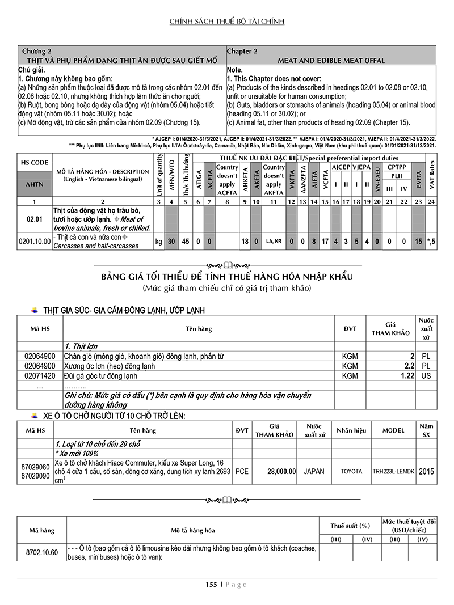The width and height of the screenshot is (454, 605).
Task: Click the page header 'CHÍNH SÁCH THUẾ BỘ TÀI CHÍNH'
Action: click(x=227, y=22)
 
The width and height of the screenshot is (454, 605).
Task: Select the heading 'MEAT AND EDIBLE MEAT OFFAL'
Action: click(x=331, y=60)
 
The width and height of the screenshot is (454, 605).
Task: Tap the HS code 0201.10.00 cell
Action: click(x=35, y=242)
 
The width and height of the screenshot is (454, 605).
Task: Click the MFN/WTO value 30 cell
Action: click(x=171, y=242)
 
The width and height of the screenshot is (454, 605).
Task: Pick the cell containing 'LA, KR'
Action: click(x=274, y=242)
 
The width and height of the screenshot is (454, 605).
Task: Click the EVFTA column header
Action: click(x=419, y=175)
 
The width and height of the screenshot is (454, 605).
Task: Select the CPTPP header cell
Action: click(x=396, y=167)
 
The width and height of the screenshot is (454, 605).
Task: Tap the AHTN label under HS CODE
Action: click(x=35, y=184)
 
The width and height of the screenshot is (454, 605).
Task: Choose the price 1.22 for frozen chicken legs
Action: click(x=407, y=376)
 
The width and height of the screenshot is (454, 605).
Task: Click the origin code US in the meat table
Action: click(x=426, y=376)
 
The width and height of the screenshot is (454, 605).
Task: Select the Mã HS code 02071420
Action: click(x=40, y=376)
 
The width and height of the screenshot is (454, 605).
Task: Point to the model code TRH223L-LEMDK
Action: click(x=394, y=471)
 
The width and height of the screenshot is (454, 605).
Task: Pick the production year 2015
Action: click(x=427, y=471)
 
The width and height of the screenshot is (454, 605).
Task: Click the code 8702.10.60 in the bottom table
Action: click(x=42, y=552)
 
